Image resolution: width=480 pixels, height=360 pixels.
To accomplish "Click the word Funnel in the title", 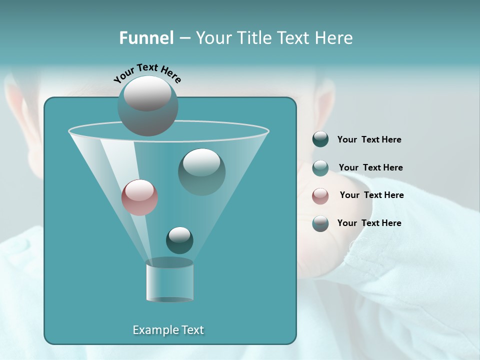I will (x=146, y=38).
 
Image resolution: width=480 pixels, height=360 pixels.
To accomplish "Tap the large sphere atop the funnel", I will (x=147, y=105).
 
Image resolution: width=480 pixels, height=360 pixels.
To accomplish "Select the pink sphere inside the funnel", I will (x=139, y=197).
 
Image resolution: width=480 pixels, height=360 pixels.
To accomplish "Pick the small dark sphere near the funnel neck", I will (x=179, y=240).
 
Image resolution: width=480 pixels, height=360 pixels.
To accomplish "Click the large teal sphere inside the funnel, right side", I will (x=201, y=171).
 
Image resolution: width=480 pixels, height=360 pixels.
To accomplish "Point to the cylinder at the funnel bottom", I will (x=169, y=281).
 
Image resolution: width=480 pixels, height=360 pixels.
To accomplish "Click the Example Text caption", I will (x=168, y=330).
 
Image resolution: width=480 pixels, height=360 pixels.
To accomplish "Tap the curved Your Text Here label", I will (x=147, y=73).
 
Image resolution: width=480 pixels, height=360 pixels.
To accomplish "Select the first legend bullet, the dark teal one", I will (x=320, y=139).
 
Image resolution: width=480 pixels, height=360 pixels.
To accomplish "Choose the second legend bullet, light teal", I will (x=320, y=167).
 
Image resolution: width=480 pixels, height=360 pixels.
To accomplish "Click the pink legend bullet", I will (x=320, y=195).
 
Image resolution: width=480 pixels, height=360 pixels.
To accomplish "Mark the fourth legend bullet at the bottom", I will (x=320, y=223).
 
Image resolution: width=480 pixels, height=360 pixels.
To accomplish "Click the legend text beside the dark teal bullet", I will (x=369, y=140).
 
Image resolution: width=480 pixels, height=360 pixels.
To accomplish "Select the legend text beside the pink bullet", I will (x=371, y=195).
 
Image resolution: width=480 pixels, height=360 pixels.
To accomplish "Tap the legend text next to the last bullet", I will (x=369, y=223).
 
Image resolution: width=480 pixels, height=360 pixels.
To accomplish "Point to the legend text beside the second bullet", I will (x=370, y=168).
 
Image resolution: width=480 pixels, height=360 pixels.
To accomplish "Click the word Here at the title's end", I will (x=335, y=38).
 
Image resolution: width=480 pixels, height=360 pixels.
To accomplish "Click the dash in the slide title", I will (x=184, y=38).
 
